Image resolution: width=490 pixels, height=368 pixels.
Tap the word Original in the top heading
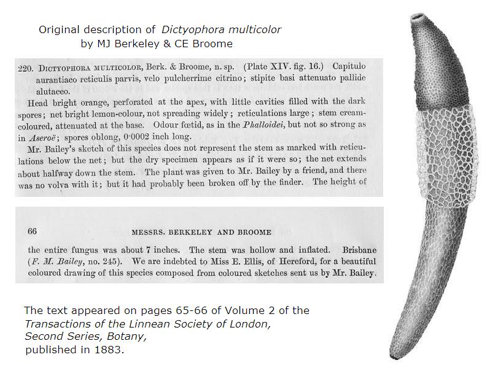[58, 30]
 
